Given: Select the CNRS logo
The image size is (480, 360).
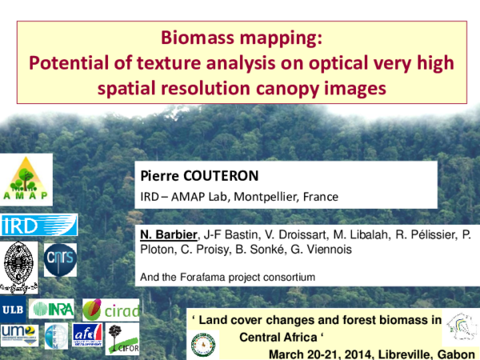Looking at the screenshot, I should point(60,259).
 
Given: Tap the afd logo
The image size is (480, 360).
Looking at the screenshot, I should point(87,335).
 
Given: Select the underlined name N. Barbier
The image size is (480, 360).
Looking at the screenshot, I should point(168,234).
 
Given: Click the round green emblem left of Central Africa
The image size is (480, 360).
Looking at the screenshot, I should point(203,343).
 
